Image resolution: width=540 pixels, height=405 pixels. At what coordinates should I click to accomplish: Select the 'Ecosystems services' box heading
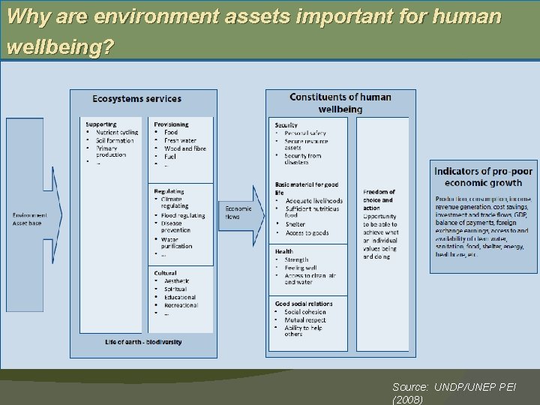coord(136,99)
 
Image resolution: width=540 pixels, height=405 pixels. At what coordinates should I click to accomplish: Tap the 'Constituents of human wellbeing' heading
coord(340,103)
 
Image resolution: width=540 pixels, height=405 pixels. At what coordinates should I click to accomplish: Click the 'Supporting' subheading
coord(100,124)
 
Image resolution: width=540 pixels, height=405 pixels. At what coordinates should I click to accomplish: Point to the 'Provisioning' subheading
coord(171,124)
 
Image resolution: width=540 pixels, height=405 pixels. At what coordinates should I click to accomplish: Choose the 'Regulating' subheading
coord(169,191)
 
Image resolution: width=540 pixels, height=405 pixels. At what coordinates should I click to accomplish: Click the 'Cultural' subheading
coord(166,273)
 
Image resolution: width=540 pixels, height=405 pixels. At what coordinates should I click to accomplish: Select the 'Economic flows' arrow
coord(240,213)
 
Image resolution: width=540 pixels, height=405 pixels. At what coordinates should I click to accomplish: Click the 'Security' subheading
coord(286,125)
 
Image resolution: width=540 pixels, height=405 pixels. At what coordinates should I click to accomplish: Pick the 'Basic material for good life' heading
coord(306,188)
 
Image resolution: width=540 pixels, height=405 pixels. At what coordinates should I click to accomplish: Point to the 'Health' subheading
coord(283,252)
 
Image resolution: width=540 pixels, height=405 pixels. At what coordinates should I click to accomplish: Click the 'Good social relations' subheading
coord(304,304)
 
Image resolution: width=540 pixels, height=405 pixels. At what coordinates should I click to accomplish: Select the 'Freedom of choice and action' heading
coord(378,200)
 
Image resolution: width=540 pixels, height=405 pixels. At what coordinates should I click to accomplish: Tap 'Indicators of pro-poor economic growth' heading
coord(483,177)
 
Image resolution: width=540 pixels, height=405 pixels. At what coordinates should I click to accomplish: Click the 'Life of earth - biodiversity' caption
coord(143,342)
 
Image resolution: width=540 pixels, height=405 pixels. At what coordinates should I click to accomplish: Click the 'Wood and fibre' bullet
coord(184,148)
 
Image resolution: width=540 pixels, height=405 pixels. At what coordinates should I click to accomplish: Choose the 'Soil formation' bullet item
coord(115,140)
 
